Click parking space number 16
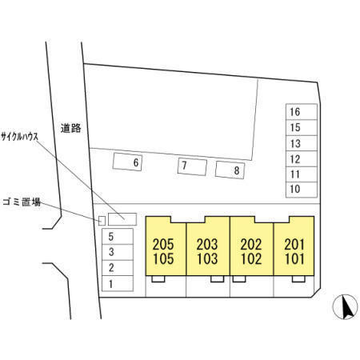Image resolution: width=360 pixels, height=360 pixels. [302, 112]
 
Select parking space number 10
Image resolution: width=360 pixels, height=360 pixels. [302, 190]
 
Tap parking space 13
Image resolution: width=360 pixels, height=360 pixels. [302, 143]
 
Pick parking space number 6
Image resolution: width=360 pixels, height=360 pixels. [127, 162]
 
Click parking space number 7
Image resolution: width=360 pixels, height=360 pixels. [192, 166]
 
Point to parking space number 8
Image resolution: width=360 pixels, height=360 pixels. [230, 170]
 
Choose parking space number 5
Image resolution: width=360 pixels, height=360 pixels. [118, 237]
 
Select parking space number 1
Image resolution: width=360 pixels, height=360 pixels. [118, 284]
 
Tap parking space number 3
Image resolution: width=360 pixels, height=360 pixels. [118, 252]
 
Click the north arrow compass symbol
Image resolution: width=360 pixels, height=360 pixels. [346, 307]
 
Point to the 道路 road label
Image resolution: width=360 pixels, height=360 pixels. [70, 128]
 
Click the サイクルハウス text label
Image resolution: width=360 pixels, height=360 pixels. [20, 137]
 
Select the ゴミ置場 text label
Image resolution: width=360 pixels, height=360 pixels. [22, 202]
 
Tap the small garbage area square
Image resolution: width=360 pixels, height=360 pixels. [102, 221]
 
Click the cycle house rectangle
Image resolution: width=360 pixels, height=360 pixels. [122, 219]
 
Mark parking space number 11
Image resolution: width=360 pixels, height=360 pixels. [302, 174]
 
